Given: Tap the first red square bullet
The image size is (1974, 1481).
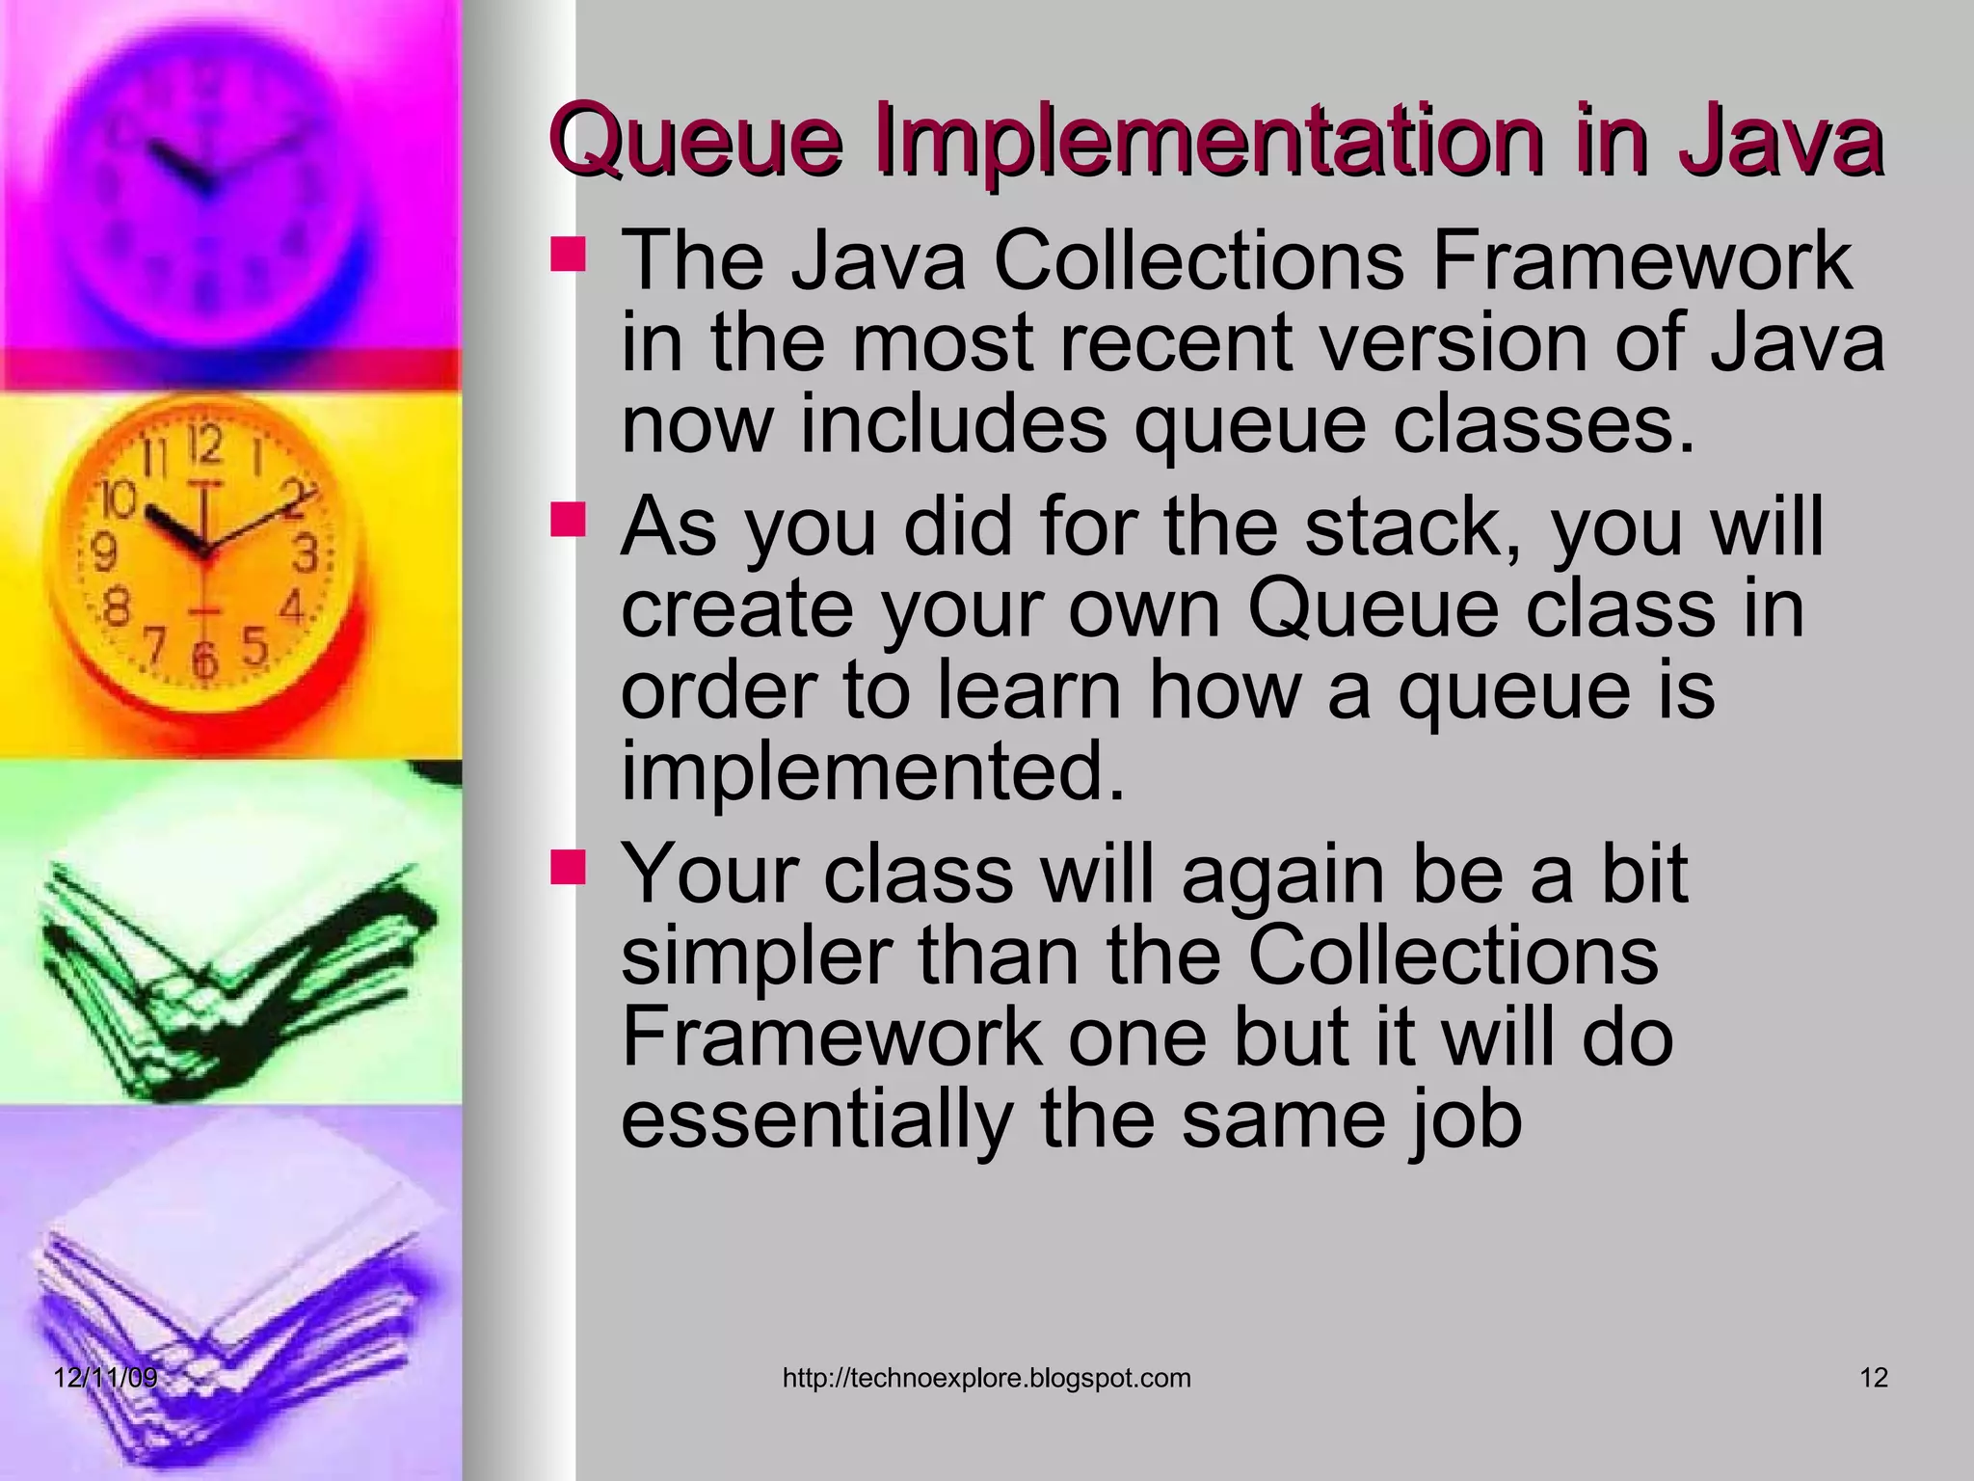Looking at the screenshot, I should coord(568,256).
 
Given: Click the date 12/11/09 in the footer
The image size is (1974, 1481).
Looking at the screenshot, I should coord(105,1378).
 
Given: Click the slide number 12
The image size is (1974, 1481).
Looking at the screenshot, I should coord(1873,1378).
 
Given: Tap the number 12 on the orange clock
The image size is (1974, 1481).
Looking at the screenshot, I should coord(204,446).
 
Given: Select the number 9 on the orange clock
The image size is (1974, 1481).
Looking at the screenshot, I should coord(104,552).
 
